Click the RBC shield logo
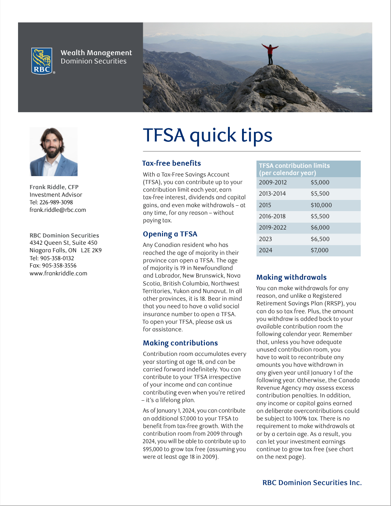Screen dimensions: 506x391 (x=42, y=61)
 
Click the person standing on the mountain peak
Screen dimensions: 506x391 (x=270, y=54)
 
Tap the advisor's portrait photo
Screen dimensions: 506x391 (x=53, y=152)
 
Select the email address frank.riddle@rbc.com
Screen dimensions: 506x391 (x=58, y=210)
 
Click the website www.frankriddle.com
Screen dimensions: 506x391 (x=58, y=274)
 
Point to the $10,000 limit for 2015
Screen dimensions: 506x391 (x=321, y=205)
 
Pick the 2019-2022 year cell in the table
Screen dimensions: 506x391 (x=272, y=228)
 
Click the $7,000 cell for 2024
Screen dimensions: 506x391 (x=320, y=250)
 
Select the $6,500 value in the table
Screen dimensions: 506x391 (x=320, y=239)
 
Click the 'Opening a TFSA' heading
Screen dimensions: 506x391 (x=170, y=234)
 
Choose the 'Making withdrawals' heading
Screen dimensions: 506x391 (x=291, y=277)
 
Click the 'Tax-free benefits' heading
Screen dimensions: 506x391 (x=171, y=163)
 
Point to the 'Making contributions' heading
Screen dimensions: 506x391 (x=180, y=343)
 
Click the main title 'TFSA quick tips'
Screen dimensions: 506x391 (x=207, y=135)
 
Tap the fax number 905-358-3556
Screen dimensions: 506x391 (x=59, y=266)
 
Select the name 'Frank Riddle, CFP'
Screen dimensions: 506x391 (x=54, y=187)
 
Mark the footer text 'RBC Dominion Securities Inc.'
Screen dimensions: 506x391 (x=312, y=483)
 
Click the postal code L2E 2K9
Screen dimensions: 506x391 (x=91, y=250)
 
